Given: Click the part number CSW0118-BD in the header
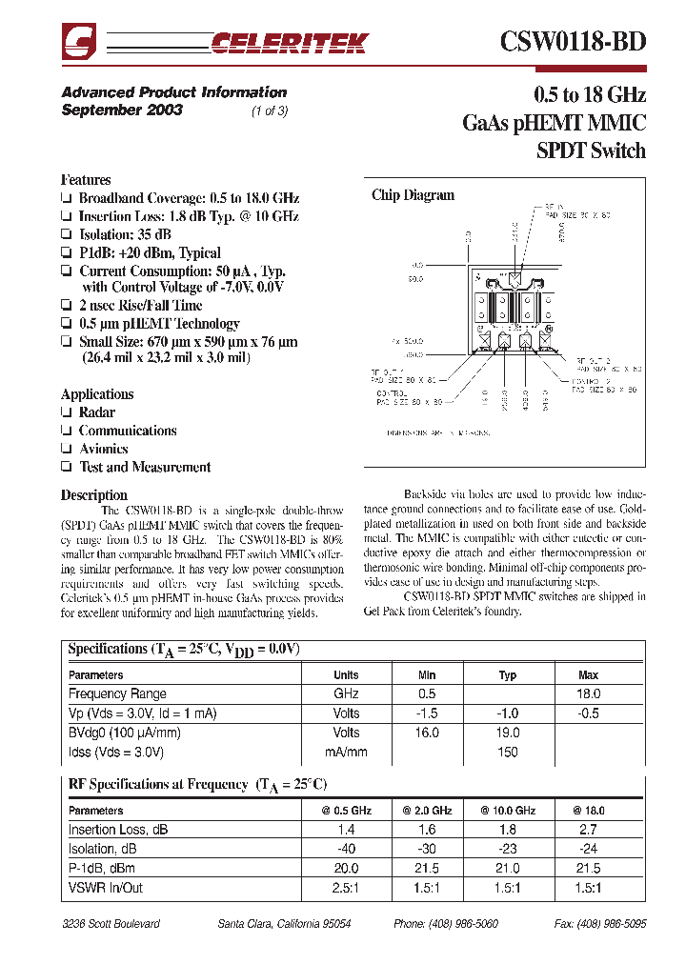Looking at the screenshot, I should pos(573,41).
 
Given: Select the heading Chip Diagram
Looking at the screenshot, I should pos(413,195).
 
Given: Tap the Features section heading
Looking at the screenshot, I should pos(86,180).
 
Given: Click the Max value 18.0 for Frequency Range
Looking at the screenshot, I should pos(588,694).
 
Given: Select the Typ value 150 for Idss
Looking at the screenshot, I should pos(508,753).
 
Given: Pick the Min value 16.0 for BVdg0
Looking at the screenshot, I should pos(427,733).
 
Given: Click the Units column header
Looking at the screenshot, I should pos(347,675).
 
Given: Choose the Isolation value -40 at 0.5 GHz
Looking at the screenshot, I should pos(347,850).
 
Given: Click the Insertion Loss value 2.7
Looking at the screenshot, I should pos(588,830).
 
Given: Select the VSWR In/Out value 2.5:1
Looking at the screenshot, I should pos(347,888).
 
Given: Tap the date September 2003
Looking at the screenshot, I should pos(122,110).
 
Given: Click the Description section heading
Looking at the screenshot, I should pos(93,495).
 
